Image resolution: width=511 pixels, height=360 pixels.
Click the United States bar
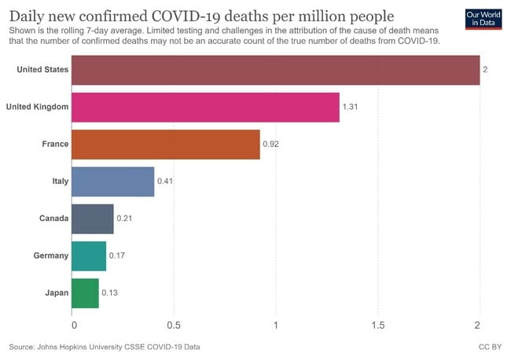click(275, 69)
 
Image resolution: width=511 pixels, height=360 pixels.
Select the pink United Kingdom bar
click(205, 106)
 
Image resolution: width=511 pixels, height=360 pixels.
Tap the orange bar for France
click(165, 144)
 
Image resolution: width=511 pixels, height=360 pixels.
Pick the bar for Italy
click(112, 181)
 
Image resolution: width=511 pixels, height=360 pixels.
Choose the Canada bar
click(92, 218)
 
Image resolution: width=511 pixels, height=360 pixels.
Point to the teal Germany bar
click(88, 255)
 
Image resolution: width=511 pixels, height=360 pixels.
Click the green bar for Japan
click(85, 292)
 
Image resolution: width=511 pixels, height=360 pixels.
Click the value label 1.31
click(351, 107)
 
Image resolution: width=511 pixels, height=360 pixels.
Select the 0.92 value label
click(271, 144)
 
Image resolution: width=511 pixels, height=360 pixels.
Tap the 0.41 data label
click(166, 182)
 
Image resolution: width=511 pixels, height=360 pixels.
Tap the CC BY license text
click(489, 346)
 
